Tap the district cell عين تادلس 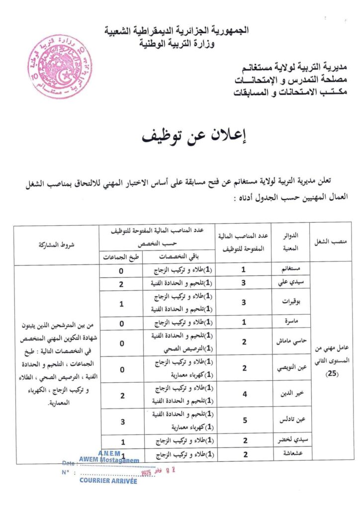tap(289, 421)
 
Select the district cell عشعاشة tap(290, 454)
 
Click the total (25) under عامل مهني tap(331, 373)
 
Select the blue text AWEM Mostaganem tap(108, 460)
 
